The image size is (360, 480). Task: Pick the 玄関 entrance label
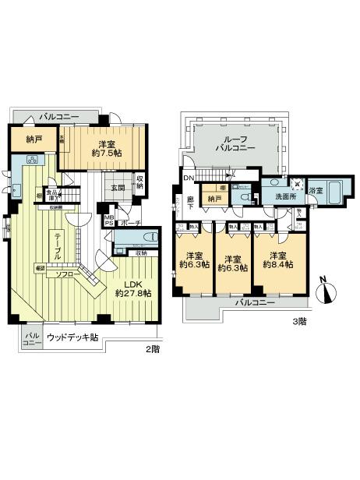click(x=117, y=187)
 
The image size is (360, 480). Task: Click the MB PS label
click(x=111, y=221)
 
